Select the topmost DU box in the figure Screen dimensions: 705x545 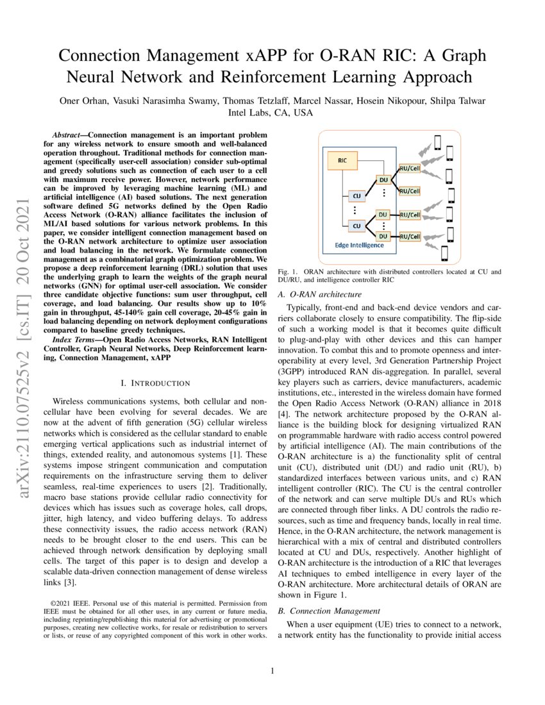pos(383,181)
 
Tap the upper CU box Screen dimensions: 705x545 pos(356,195)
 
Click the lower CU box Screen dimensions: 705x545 pos(356,226)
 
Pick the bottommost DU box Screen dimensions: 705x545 pos(383,236)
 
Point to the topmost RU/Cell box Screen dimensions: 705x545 pos(410,169)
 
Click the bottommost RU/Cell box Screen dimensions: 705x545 pos(410,236)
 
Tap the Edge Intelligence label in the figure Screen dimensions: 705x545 pos(359,245)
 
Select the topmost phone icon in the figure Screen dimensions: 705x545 pos(438,142)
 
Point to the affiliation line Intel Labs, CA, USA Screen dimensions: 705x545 pos(271,112)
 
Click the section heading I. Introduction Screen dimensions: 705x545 pos(156,383)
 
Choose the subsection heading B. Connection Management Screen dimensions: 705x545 pos(329,611)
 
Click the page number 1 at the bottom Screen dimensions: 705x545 pos(272,671)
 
